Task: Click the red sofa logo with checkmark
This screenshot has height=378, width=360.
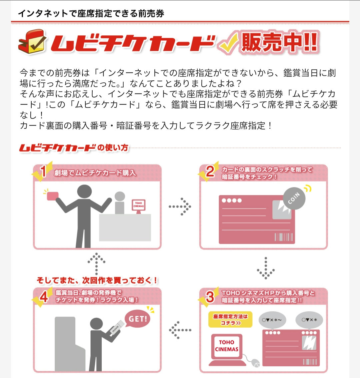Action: tap(32, 42)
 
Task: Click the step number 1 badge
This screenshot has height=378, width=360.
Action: tap(42, 171)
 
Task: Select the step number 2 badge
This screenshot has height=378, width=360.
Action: tap(209, 171)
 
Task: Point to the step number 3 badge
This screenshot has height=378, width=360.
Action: tap(209, 297)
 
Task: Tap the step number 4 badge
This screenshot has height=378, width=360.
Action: tap(43, 297)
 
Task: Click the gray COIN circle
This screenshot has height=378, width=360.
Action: tap(294, 199)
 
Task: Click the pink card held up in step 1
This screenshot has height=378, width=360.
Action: tap(53, 196)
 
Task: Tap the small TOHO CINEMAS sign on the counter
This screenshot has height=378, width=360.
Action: tap(138, 205)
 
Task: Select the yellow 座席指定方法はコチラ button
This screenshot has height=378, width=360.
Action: tap(230, 319)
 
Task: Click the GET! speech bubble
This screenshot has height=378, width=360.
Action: tap(137, 319)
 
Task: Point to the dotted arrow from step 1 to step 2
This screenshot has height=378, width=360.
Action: tap(180, 207)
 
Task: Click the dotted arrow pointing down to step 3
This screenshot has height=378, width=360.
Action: tap(266, 268)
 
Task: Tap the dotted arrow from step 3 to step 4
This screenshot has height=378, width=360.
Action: tap(180, 330)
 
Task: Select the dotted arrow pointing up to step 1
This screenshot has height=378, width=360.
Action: tap(97, 264)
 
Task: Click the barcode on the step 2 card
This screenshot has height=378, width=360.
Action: tap(284, 237)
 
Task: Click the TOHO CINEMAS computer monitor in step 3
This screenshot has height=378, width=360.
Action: tap(227, 346)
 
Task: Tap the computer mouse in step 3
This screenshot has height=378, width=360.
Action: tap(255, 363)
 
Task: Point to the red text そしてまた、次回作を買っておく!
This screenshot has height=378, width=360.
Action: tap(97, 280)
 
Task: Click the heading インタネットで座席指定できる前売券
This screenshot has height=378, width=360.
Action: tap(91, 13)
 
